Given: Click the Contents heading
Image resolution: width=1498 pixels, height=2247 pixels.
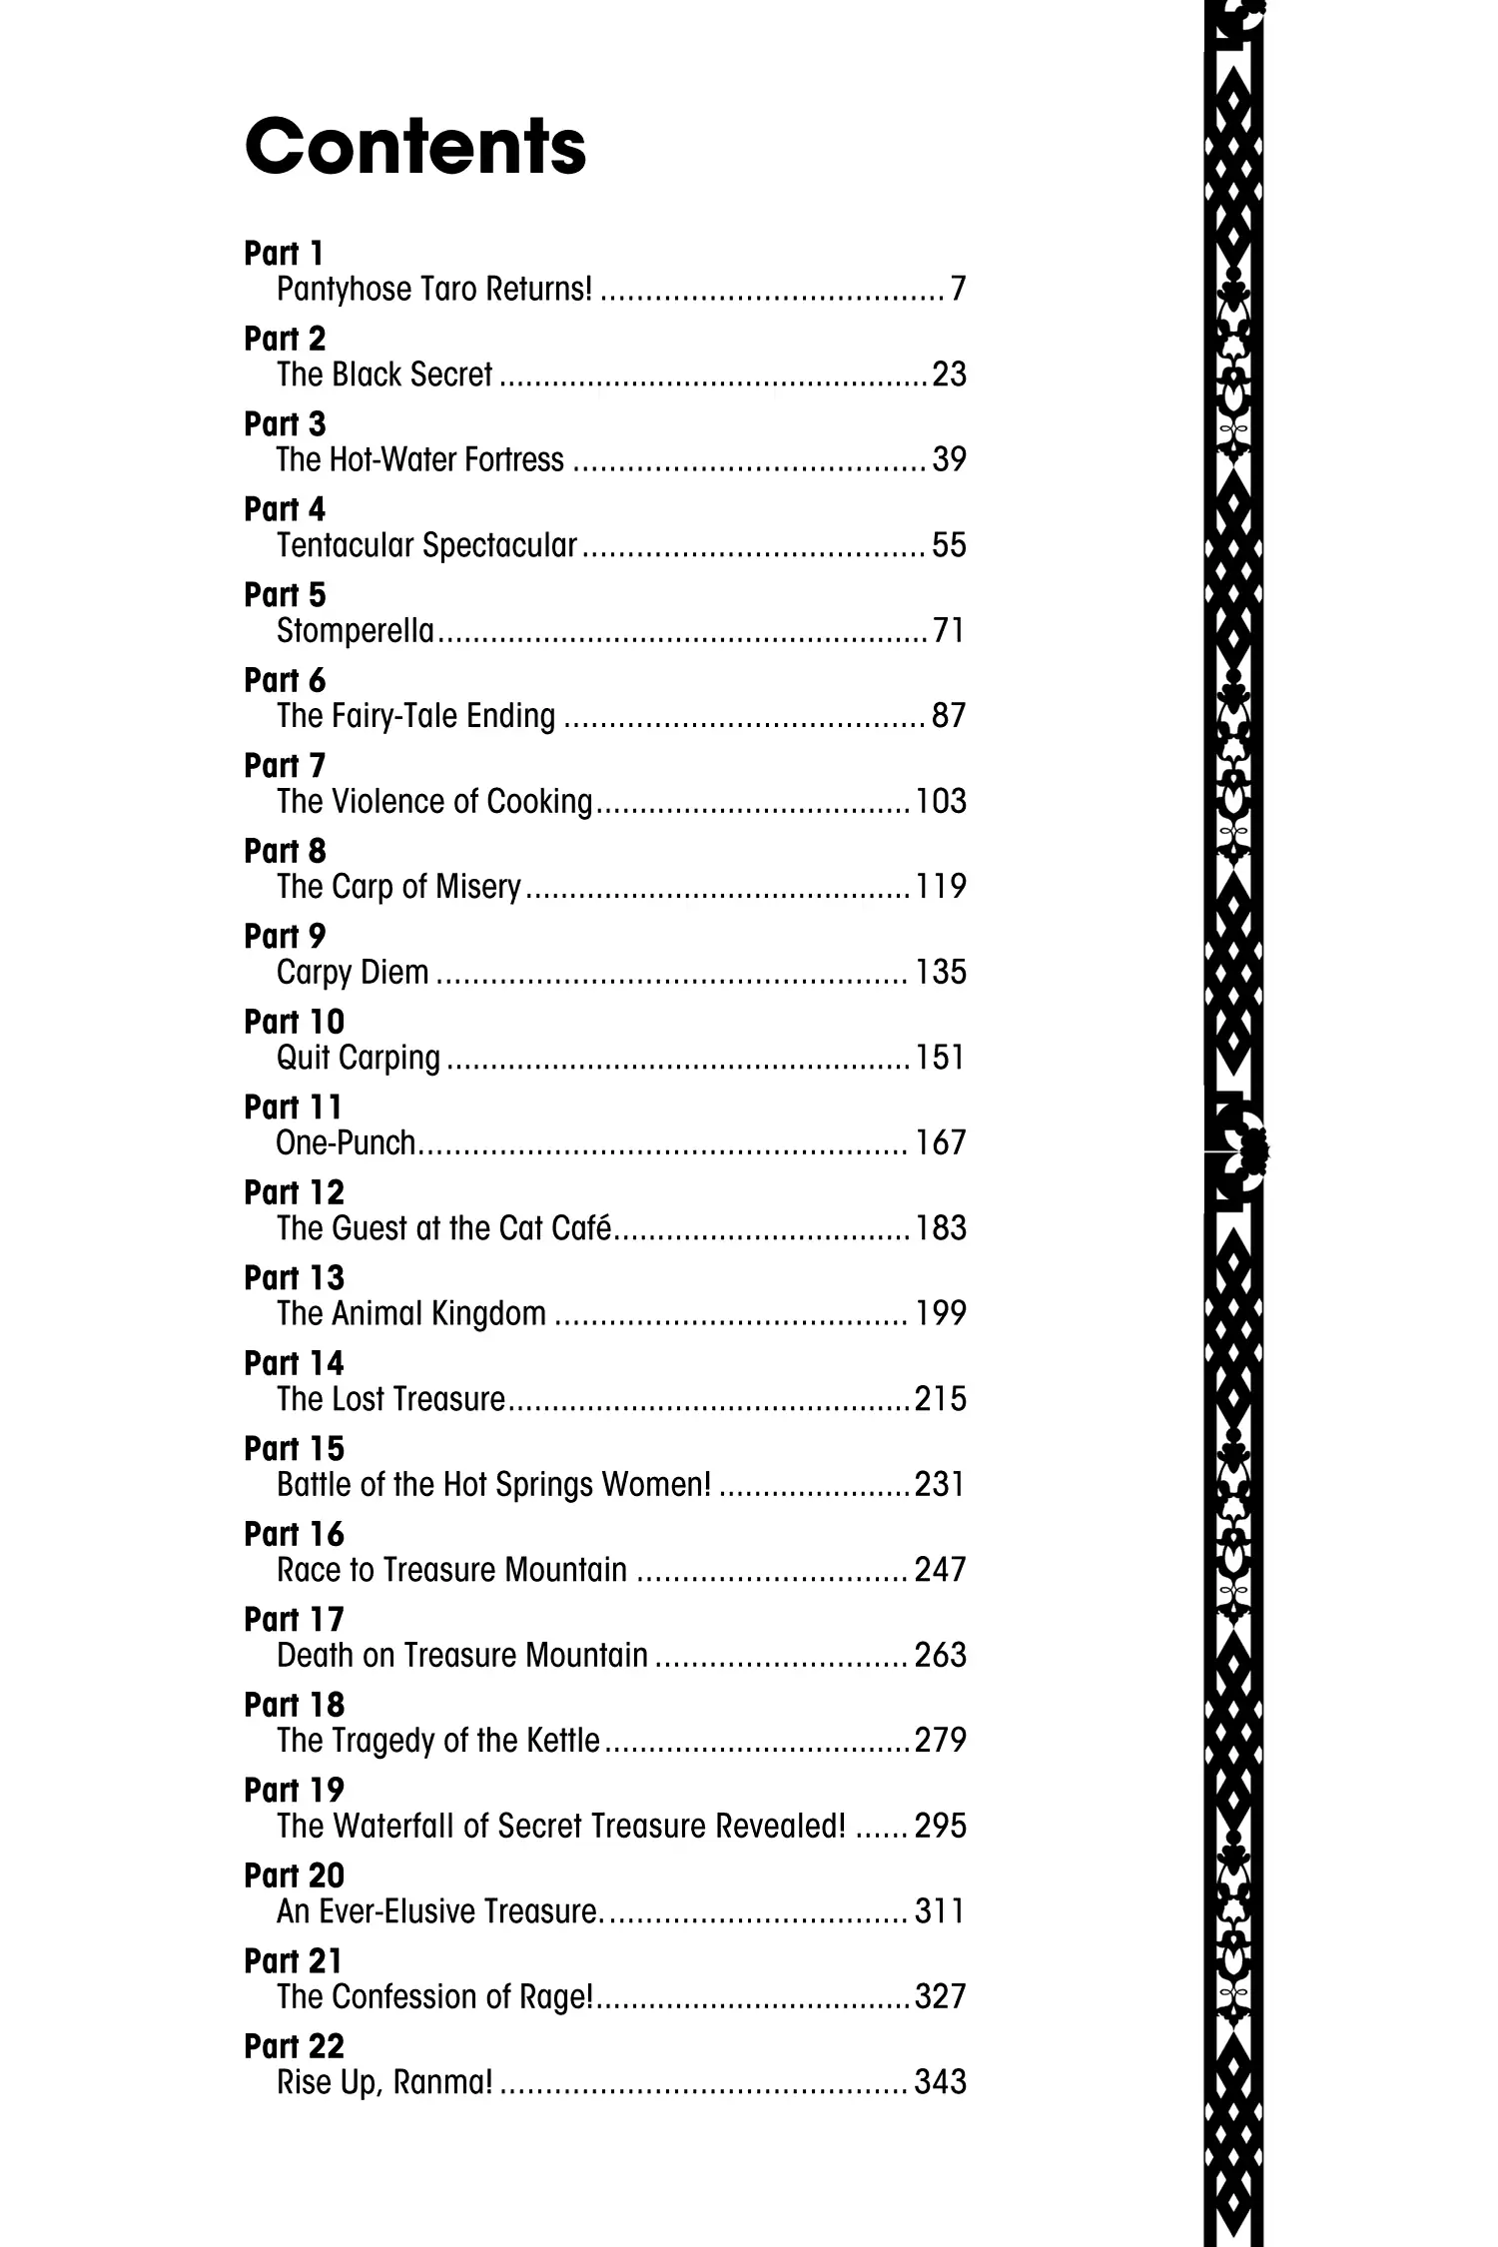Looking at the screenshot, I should coord(414,147).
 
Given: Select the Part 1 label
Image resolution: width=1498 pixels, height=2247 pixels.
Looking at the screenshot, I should coord(284,254).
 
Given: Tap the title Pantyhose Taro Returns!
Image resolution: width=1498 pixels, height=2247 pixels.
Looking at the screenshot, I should coord(434,290).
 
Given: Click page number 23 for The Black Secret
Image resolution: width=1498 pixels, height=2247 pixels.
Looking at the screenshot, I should coord(949,374).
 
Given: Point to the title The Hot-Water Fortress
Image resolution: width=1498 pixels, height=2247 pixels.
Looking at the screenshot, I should coord(420,460).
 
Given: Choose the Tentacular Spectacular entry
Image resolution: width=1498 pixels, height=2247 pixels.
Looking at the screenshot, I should coord(426,545).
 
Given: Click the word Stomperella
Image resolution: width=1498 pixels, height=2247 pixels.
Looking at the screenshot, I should coord(356,631).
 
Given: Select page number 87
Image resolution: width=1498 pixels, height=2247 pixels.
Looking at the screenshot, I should coord(949,716).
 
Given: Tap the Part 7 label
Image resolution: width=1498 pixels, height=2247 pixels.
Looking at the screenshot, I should coord(285,766).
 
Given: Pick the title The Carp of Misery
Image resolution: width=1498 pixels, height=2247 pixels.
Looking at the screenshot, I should coord(398,887).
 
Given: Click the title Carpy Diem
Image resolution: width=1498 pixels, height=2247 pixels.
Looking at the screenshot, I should coord(353,973).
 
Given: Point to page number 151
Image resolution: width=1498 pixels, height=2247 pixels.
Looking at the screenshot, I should coord(940,1058).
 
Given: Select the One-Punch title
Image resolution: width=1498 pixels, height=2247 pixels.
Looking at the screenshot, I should coord(346,1143).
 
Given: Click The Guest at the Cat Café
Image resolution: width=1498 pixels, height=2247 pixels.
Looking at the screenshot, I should coord(443,1228).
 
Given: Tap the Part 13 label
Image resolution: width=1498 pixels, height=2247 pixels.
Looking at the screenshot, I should coord(294,1278).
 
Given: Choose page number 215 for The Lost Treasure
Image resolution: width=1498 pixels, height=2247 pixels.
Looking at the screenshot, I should coord(940,1399).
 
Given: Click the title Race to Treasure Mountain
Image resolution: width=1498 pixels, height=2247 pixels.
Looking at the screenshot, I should coord(451,1570).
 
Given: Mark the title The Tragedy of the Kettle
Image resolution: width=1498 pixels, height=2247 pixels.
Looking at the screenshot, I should coord(438,1741).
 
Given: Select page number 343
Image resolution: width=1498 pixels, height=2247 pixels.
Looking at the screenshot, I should coord(940,2082).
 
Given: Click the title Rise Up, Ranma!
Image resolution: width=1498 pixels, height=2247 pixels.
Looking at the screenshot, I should coord(384,2082).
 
